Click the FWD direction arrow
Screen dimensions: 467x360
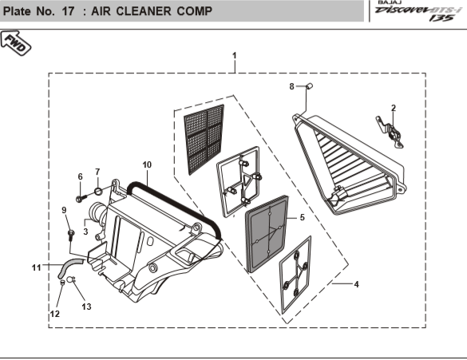coord(15,43)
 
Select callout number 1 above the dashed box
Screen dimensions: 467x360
coord(235,56)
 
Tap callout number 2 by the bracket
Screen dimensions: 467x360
coord(394,108)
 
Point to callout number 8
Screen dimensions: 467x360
coord(291,86)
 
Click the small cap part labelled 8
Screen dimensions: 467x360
coord(310,86)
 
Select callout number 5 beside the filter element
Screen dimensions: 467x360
coord(302,217)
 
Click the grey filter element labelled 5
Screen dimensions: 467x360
coord(267,234)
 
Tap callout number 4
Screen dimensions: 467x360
coord(356,284)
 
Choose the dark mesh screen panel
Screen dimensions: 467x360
coord(204,140)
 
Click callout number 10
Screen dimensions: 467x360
coord(147,164)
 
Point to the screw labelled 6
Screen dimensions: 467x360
coord(81,198)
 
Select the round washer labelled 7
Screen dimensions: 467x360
coord(98,191)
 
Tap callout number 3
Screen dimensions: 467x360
coord(85,231)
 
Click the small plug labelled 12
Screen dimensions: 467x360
coord(62,283)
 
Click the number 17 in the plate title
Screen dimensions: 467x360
coord(68,11)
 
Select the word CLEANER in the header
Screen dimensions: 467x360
coord(144,11)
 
